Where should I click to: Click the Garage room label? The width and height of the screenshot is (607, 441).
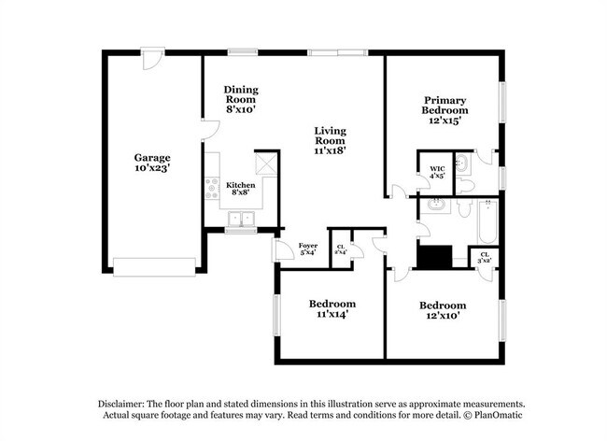pos(151,164)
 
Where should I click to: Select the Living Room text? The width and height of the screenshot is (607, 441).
pos(331,139)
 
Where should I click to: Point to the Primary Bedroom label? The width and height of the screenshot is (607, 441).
pos(445,109)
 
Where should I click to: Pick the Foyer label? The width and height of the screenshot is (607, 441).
pos(307,249)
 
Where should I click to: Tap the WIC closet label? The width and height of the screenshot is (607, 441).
pos(437,172)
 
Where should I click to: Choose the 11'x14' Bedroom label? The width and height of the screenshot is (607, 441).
pos(332,309)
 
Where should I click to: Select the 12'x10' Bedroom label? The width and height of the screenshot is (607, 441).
pos(442,310)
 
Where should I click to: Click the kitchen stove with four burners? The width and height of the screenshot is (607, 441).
pos(212,189)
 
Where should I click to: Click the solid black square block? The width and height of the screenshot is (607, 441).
pos(434,257)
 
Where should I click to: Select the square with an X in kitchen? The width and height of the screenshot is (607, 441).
pos(266,163)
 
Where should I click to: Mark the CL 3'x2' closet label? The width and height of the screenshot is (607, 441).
pos(485,256)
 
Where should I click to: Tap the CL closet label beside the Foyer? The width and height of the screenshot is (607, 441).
pos(341,249)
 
